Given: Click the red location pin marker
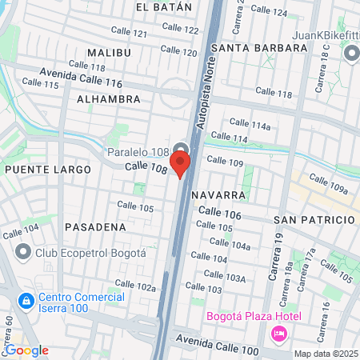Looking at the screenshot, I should pyautogui.click(x=181, y=164).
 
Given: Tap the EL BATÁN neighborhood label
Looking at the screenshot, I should pyautogui.click(x=164, y=6).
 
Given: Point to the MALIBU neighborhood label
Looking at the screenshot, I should pyautogui.click(x=107, y=51).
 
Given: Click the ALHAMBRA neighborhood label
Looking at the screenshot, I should pyautogui.click(x=109, y=99).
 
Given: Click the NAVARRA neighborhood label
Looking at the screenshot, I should pyautogui.click(x=218, y=195).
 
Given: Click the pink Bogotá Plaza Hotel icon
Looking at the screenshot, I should pyautogui.click(x=279, y=332).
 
